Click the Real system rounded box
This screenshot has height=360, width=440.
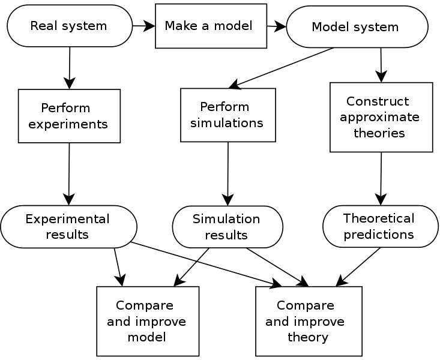(69, 26)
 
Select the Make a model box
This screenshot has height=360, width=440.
(211, 26)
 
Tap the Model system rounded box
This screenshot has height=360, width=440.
(357, 27)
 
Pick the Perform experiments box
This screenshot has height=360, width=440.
(69, 116)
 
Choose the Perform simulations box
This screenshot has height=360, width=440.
(228, 115)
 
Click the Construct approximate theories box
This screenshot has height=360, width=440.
(381, 117)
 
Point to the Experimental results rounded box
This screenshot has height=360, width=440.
(68, 226)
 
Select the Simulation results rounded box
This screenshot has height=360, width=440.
(227, 227)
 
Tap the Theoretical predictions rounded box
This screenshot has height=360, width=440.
(380, 226)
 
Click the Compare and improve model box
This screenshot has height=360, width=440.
(148, 321)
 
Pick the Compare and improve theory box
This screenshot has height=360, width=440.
(309, 321)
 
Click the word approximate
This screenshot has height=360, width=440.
(379, 117)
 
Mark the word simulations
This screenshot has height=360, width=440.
(226, 123)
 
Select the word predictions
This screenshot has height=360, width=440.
(378, 234)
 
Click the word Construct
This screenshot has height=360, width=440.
(378, 101)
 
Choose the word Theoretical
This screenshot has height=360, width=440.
(379, 218)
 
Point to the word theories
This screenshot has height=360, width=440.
(379, 133)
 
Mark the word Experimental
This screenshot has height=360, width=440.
(67, 219)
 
